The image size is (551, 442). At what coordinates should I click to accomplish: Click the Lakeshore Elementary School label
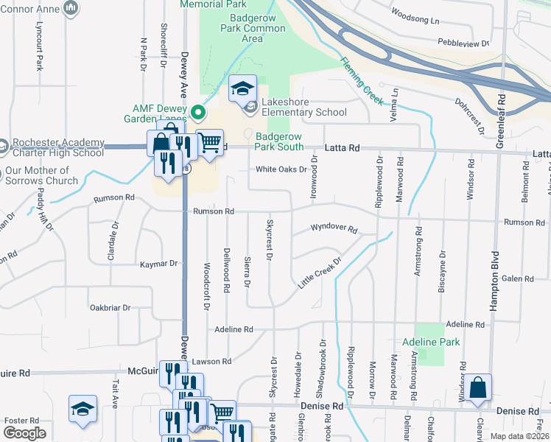pyautogui.click(x=302, y=108)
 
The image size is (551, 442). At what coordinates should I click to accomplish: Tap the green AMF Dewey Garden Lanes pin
pyautogui.click(x=197, y=113)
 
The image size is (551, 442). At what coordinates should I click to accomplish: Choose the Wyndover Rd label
pyautogui.click(x=333, y=229)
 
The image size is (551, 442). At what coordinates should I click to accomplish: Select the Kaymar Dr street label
pyautogui.click(x=158, y=264)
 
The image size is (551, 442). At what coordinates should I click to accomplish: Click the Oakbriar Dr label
pyautogui.click(x=109, y=308)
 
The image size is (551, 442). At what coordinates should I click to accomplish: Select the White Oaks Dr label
pyautogui.click(x=281, y=169)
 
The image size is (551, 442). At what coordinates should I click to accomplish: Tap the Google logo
pyautogui.click(x=24, y=433)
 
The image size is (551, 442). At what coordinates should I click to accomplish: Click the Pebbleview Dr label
pyautogui.click(x=463, y=43)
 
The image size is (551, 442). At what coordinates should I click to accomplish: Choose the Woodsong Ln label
pyautogui.click(x=415, y=15)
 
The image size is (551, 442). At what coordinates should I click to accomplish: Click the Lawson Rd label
pyautogui.click(x=212, y=361)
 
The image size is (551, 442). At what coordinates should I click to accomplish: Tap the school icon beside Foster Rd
pyautogui.click(x=83, y=410)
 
